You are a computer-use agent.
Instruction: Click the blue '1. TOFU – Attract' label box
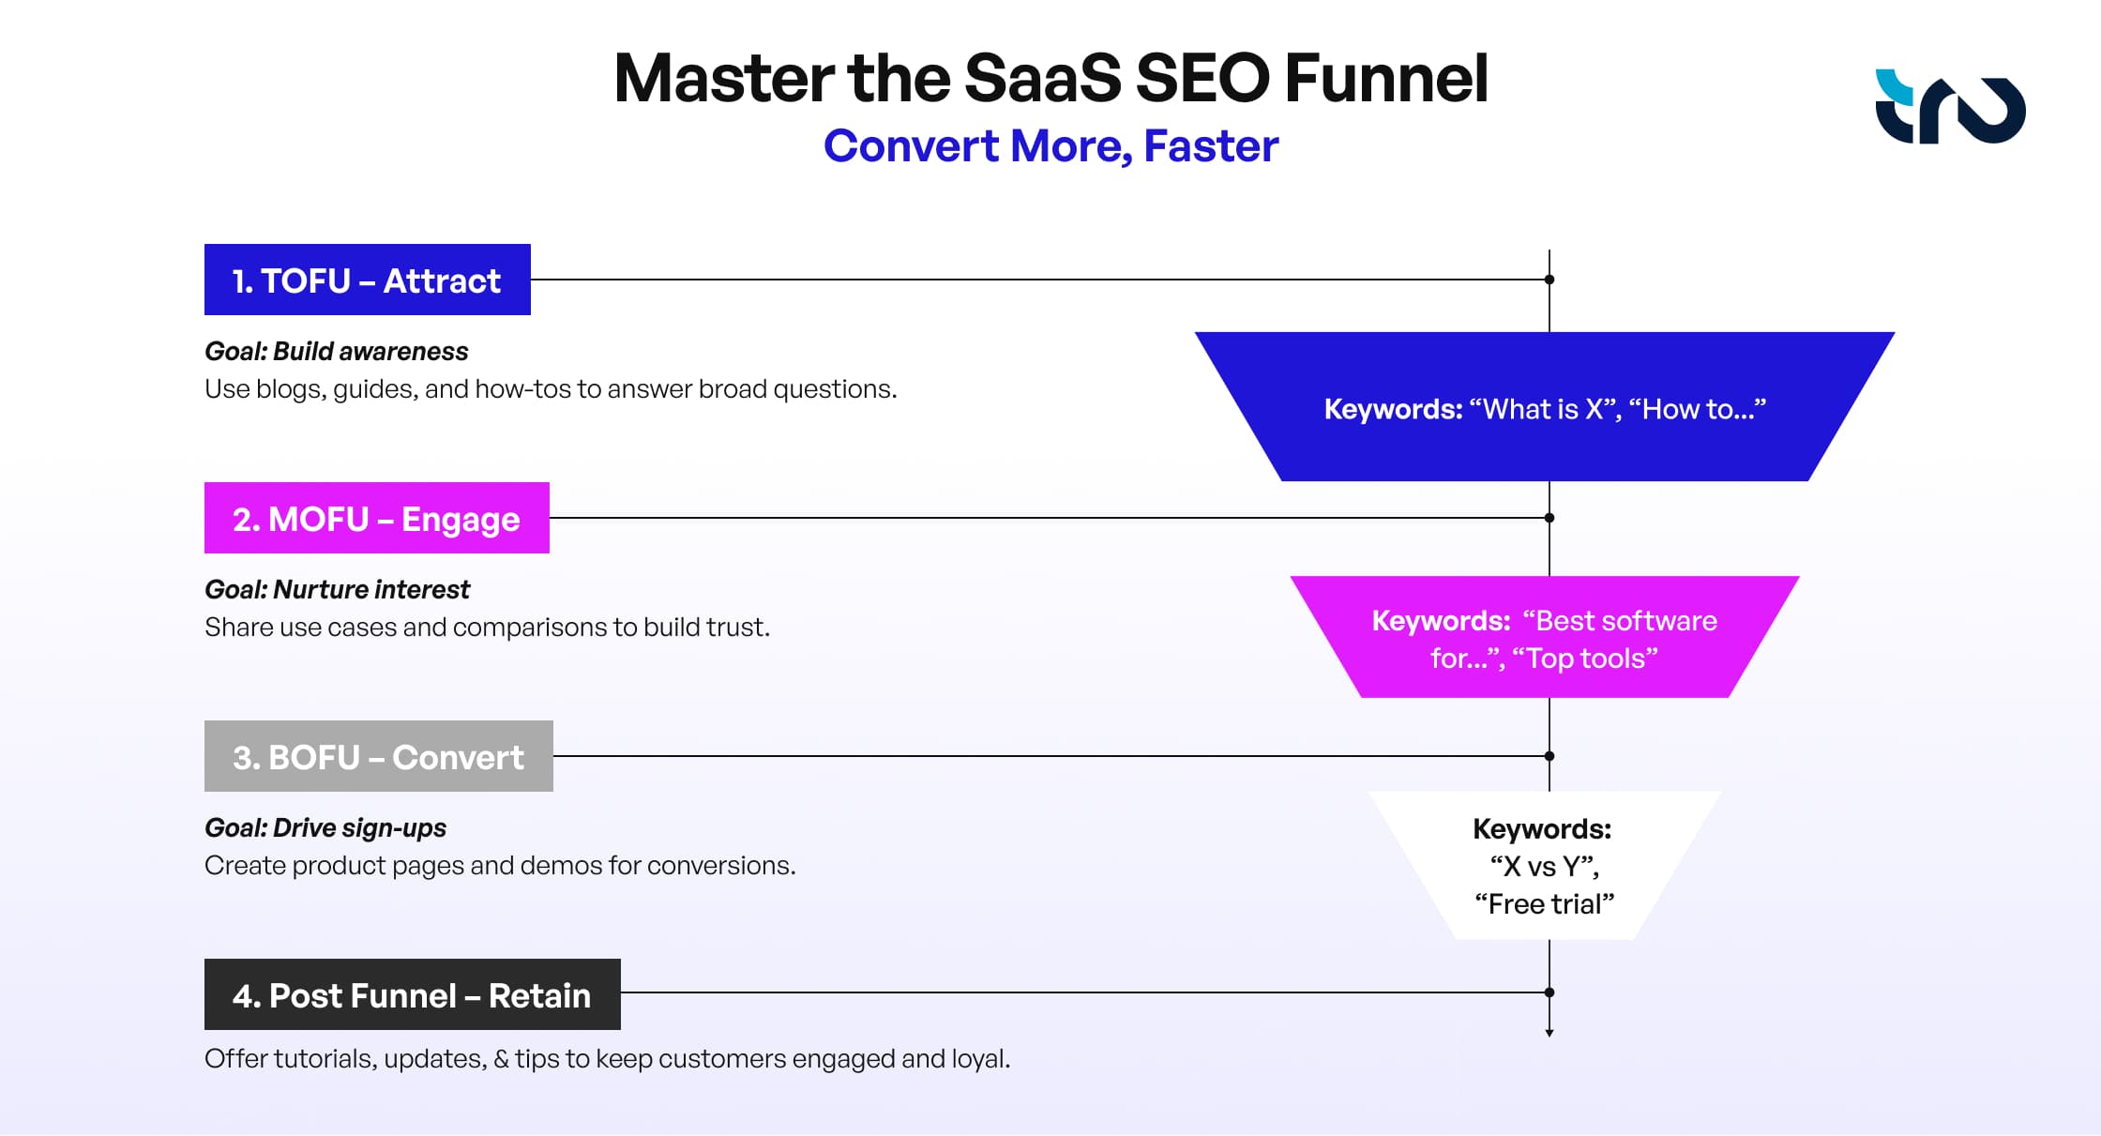[x=367, y=280]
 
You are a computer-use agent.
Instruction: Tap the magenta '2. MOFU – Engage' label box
[x=376, y=518]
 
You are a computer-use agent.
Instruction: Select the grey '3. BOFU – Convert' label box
[x=378, y=756]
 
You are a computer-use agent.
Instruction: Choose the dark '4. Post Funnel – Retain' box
[x=412, y=994]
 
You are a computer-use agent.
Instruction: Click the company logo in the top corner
[x=1949, y=107]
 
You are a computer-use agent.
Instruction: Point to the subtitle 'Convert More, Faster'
[x=1050, y=146]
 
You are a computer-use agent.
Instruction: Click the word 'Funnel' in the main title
[x=1385, y=79]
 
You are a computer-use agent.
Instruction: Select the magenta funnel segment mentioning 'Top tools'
[x=1544, y=638]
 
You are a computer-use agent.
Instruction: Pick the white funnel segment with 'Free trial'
[x=1544, y=866]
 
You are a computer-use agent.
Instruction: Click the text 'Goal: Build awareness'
[x=336, y=351]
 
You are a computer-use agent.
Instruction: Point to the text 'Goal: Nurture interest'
[x=337, y=589]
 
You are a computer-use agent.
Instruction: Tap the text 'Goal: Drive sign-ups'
[x=325, y=827]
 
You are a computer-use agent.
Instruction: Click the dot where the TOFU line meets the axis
[x=1549, y=280]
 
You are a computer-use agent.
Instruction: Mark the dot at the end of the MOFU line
[x=1549, y=518]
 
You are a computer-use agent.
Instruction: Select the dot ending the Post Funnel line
[x=1549, y=992]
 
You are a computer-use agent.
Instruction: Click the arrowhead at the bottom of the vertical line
[x=1549, y=1032]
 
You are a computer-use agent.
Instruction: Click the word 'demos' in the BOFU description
[x=560, y=865]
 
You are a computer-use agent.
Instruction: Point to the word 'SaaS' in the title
[x=1042, y=79]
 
